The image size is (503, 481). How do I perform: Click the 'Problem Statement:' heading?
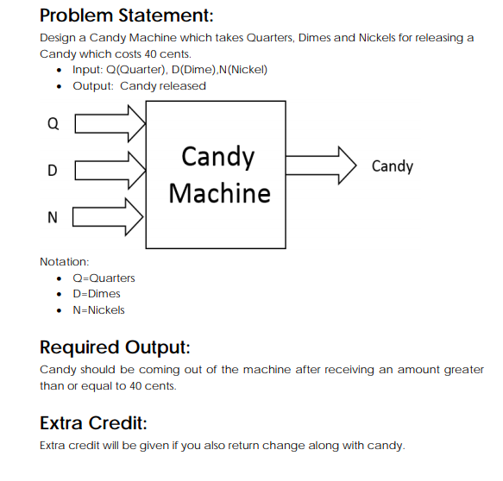click(x=127, y=15)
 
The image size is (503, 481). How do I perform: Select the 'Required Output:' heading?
click(x=115, y=347)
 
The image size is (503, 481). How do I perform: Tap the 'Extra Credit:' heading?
click(x=93, y=423)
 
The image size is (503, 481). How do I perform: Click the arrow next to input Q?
click(x=110, y=123)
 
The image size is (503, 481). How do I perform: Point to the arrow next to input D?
click(x=110, y=169)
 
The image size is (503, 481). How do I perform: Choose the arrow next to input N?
click(x=110, y=216)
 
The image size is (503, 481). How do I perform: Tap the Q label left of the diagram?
click(x=53, y=123)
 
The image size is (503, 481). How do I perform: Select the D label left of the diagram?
click(x=53, y=170)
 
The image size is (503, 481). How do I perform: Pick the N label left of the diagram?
click(x=53, y=216)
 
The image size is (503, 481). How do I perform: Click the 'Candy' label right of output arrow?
click(x=392, y=166)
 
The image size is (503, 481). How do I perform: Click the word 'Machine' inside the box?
click(x=219, y=192)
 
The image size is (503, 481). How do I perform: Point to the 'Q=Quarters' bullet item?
click(x=104, y=278)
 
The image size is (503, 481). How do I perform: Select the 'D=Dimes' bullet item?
click(x=97, y=294)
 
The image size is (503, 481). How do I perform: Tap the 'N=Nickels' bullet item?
click(x=98, y=309)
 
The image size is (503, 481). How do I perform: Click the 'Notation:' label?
click(x=65, y=260)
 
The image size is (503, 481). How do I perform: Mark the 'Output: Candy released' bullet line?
click(x=139, y=85)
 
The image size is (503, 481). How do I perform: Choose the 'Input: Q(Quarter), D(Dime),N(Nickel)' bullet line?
click(x=169, y=69)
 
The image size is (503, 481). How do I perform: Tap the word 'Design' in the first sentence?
click(x=58, y=38)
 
